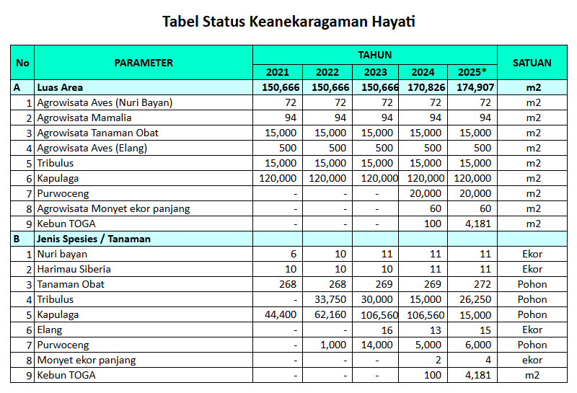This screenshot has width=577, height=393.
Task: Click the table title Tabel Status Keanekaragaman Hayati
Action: click(288, 22)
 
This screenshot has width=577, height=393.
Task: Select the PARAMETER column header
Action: click(144, 63)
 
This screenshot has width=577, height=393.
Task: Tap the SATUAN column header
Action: click(532, 63)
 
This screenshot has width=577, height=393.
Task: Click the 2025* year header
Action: click(472, 72)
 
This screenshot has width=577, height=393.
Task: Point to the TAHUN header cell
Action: click(375, 55)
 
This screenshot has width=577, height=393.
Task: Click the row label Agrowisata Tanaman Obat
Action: click(98, 133)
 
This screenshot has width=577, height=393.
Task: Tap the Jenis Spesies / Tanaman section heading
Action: click(94, 239)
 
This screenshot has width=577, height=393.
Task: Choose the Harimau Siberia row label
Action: click(74, 269)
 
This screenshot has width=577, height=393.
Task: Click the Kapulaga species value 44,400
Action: click(278, 314)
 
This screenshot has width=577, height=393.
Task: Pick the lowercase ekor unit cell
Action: click(532, 360)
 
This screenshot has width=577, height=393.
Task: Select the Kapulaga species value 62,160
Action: click(327, 314)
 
